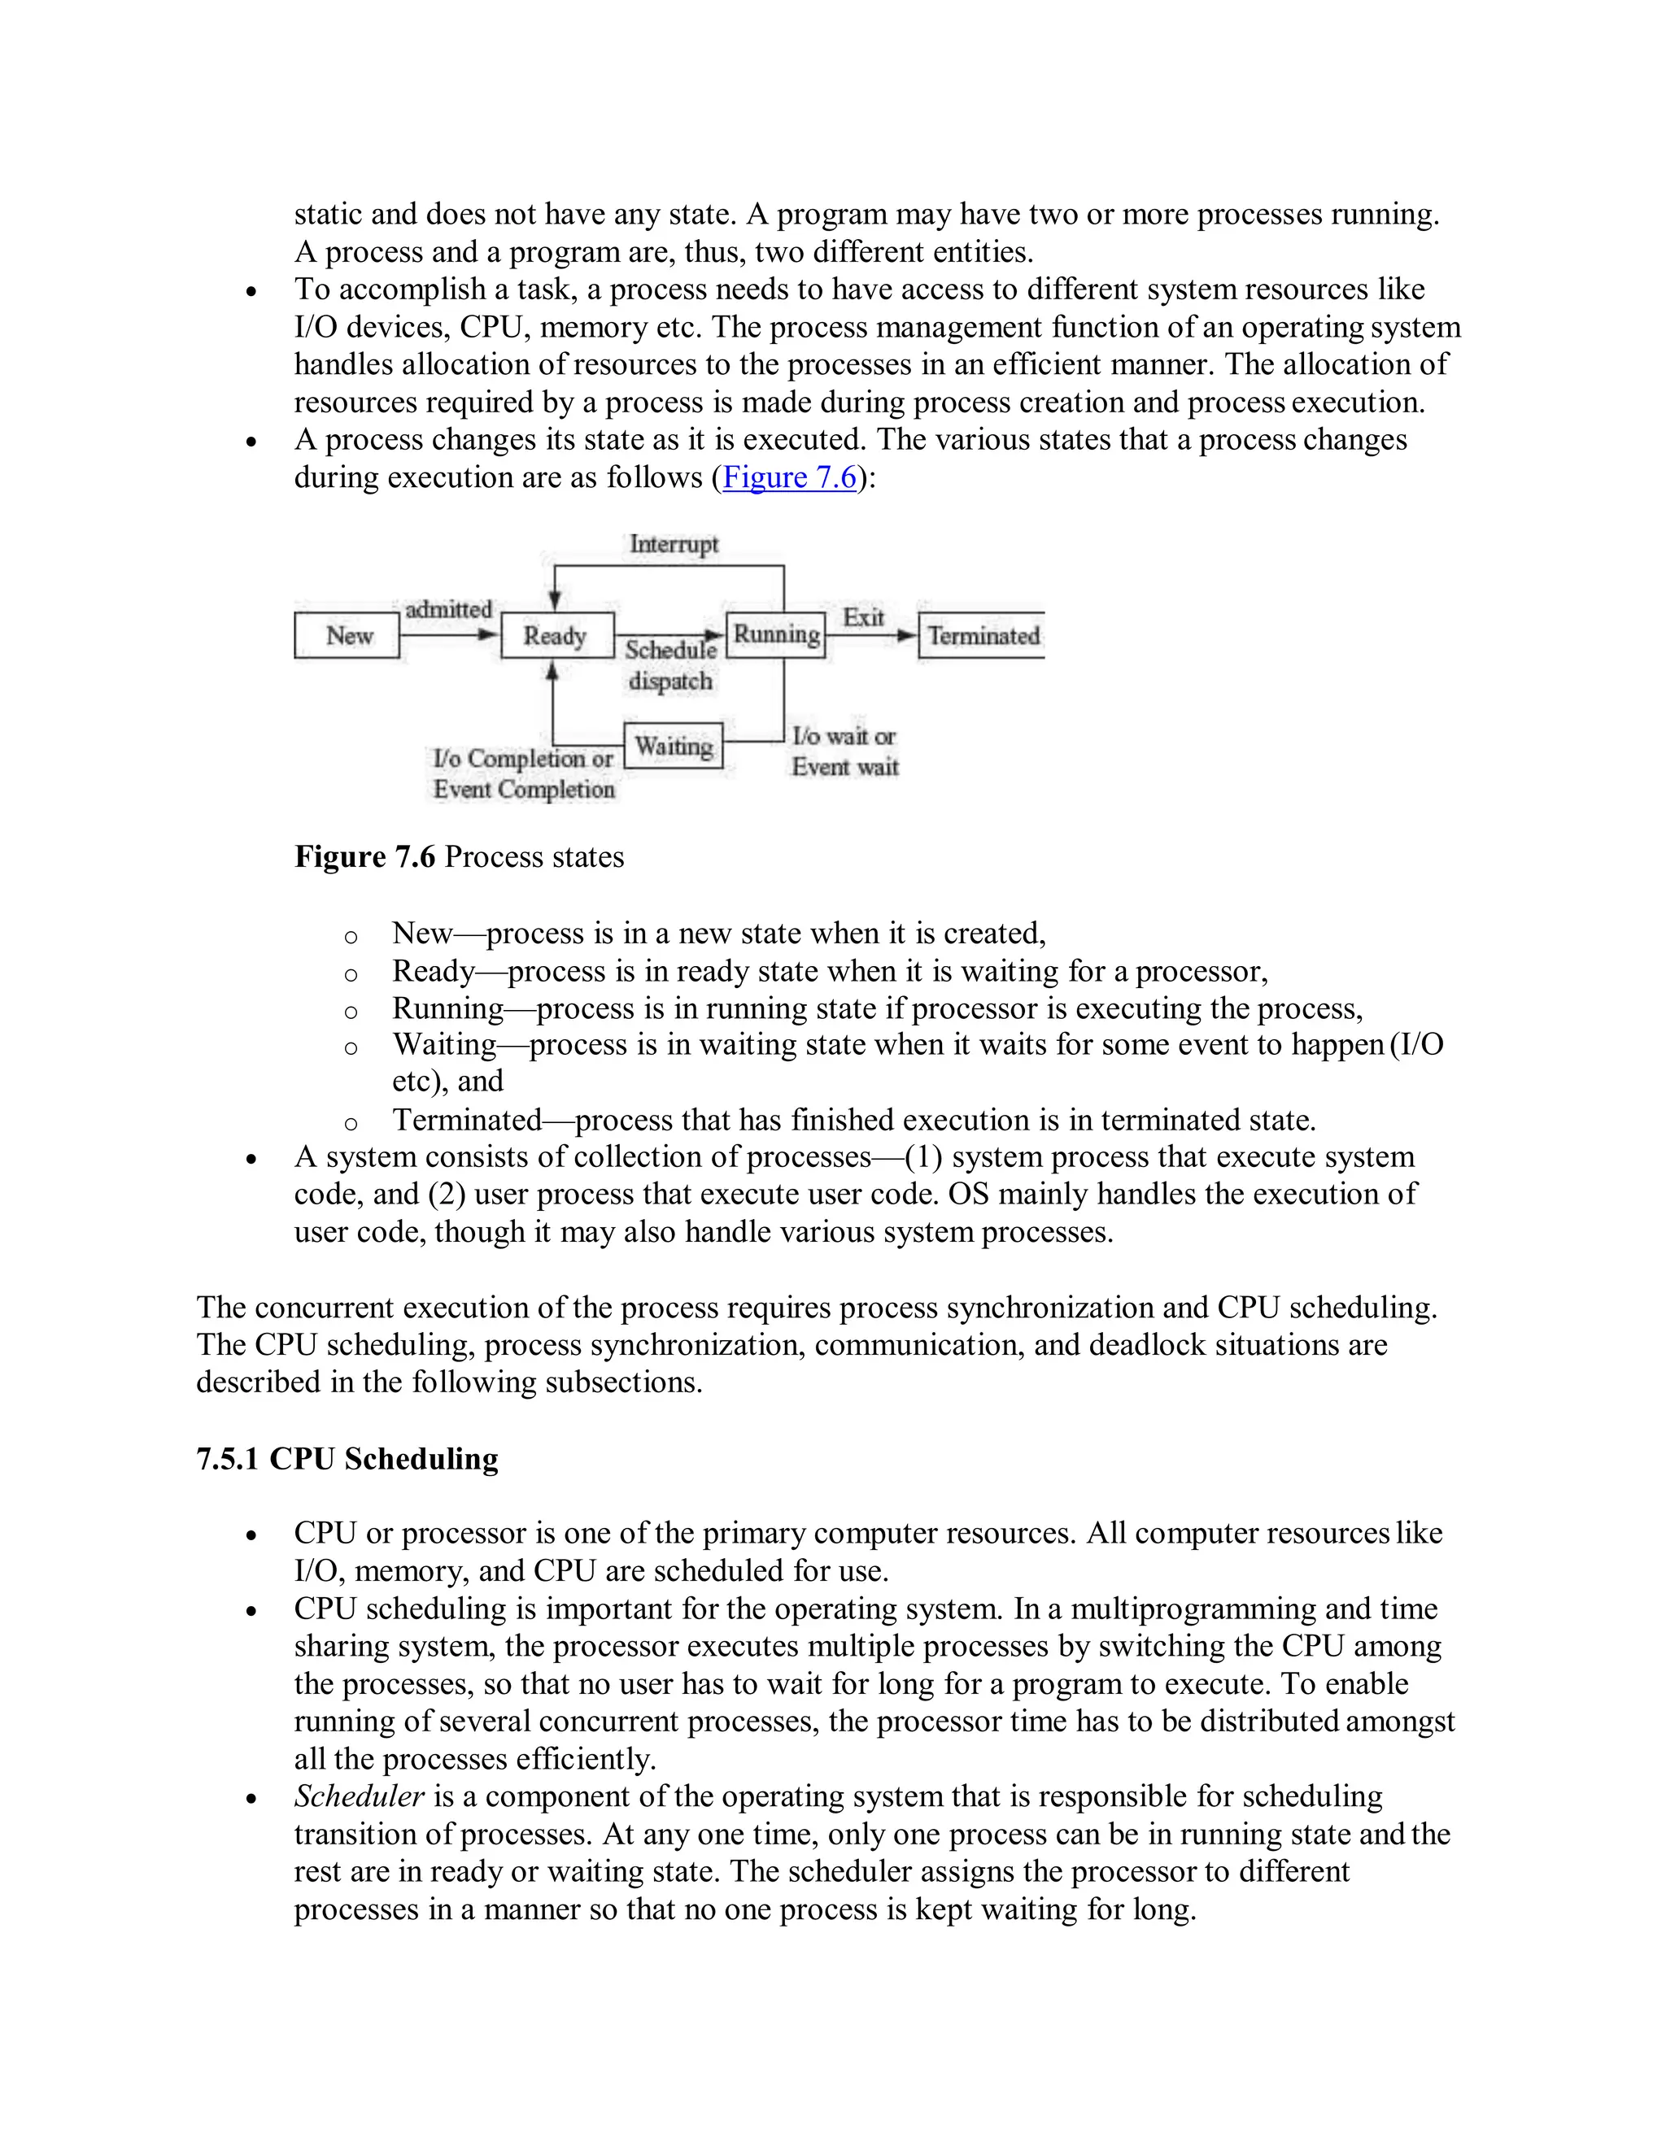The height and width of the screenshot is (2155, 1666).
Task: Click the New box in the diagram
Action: click(x=347, y=635)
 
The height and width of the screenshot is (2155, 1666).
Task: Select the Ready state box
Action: click(x=556, y=635)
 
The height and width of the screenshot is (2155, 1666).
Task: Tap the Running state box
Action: click(x=776, y=634)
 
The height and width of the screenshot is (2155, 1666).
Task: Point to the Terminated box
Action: click(x=983, y=635)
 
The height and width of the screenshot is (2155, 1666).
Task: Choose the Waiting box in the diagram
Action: click(x=673, y=746)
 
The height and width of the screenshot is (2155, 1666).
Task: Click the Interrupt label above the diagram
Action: click(x=674, y=544)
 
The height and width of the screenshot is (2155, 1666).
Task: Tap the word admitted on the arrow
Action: click(x=448, y=609)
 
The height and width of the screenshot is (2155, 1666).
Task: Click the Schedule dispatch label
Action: click(x=671, y=665)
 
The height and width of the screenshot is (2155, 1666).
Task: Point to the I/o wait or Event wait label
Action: click(x=845, y=751)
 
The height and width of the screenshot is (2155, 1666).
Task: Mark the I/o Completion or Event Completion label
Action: click(x=524, y=773)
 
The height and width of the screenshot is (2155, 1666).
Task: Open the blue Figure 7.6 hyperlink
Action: click(x=790, y=477)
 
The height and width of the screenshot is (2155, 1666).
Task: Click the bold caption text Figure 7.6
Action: click(x=364, y=856)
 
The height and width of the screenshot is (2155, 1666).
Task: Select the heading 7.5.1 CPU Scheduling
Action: click(x=347, y=1458)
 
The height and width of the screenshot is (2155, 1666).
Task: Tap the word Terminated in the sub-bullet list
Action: click(x=467, y=1120)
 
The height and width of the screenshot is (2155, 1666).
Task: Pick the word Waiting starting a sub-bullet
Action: click(x=444, y=1044)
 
